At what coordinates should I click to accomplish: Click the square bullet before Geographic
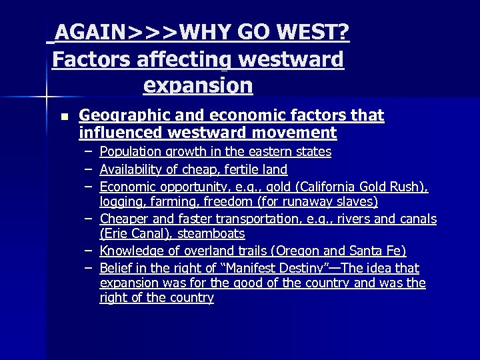click(63, 116)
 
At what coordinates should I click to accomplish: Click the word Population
click(130, 152)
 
